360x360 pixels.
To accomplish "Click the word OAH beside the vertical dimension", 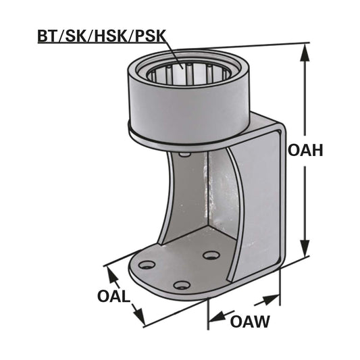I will [305, 151].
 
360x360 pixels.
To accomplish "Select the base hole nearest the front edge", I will [181, 284].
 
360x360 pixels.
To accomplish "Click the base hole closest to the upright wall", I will [211, 255].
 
